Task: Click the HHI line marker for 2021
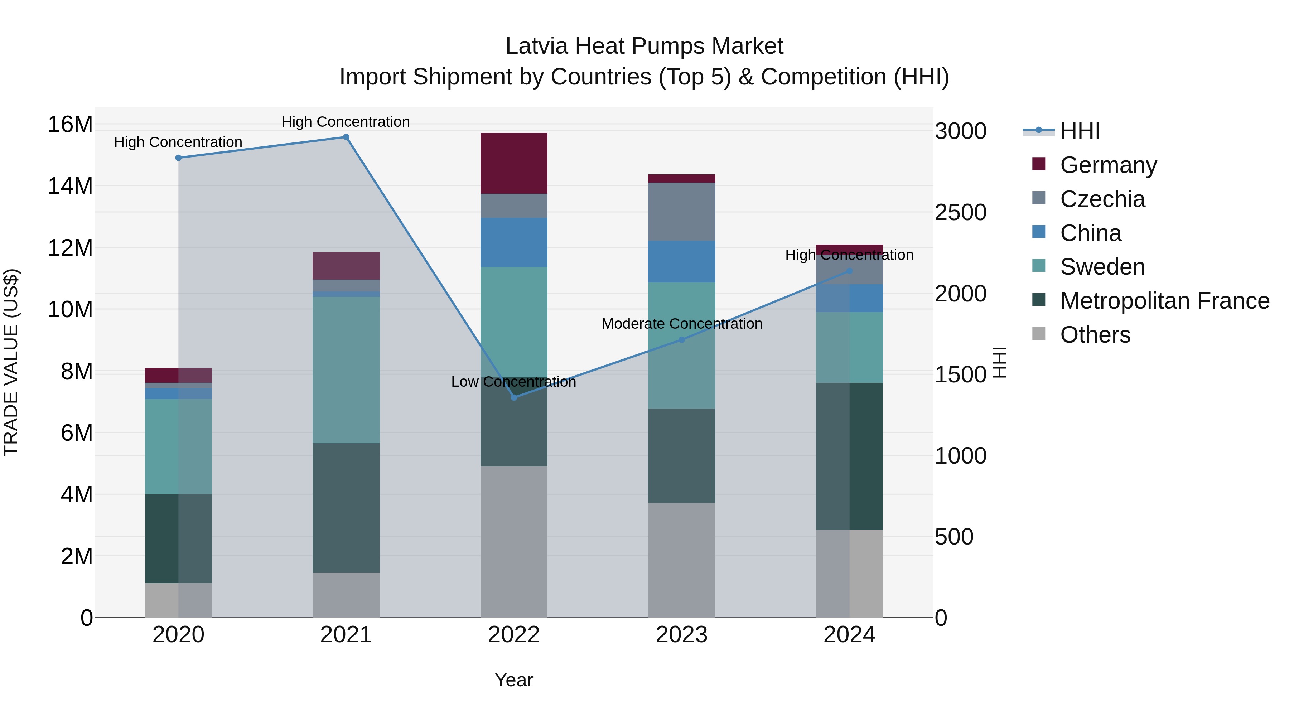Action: (x=346, y=137)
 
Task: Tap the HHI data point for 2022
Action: (x=514, y=397)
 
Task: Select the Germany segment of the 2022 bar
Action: (x=514, y=163)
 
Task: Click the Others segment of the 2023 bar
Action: (x=681, y=560)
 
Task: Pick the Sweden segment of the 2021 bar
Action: (x=346, y=370)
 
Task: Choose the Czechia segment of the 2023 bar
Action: (x=681, y=212)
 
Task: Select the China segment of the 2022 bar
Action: (x=514, y=242)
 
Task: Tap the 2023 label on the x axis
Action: (x=681, y=635)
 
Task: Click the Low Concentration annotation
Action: (x=513, y=382)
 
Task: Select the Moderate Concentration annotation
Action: (x=681, y=324)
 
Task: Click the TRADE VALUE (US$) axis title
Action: (x=11, y=362)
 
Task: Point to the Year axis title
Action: (x=514, y=680)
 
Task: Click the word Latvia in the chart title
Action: (x=536, y=46)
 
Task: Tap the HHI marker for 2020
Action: (x=179, y=158)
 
